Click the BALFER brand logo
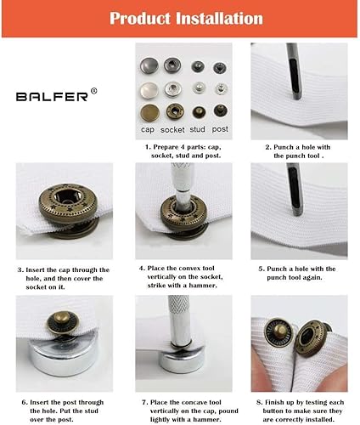(52, 97)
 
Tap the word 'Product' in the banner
(140, 19)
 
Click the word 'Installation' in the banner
(219, 19)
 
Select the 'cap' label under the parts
(148, 130)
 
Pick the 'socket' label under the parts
(172, 130)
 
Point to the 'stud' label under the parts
(197, 129)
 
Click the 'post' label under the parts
(220, 129)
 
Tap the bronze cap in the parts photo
(149, 112)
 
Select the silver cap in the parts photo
(149, 91)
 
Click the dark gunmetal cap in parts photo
(149, 65)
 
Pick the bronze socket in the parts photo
(175, 111)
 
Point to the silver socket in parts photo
(172, 89)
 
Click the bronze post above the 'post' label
(221, 110)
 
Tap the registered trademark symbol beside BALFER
(93, 91)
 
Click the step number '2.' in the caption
(268, 147)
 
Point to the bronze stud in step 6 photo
(63, 323)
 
